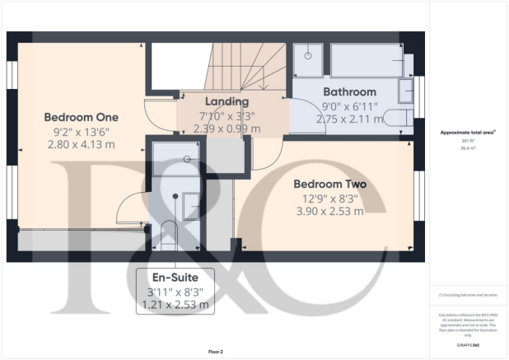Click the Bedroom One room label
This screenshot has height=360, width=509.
tap(82, 116)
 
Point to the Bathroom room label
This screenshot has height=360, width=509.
tap(349, 91)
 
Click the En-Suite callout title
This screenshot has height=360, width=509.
tap(175, 278)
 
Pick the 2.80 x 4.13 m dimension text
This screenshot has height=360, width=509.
tap(82, 145)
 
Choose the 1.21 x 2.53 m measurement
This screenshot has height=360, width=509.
tap(175, 305)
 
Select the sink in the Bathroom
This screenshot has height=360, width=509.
tap(405, 89)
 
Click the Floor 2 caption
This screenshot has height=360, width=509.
tap(215, 352)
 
